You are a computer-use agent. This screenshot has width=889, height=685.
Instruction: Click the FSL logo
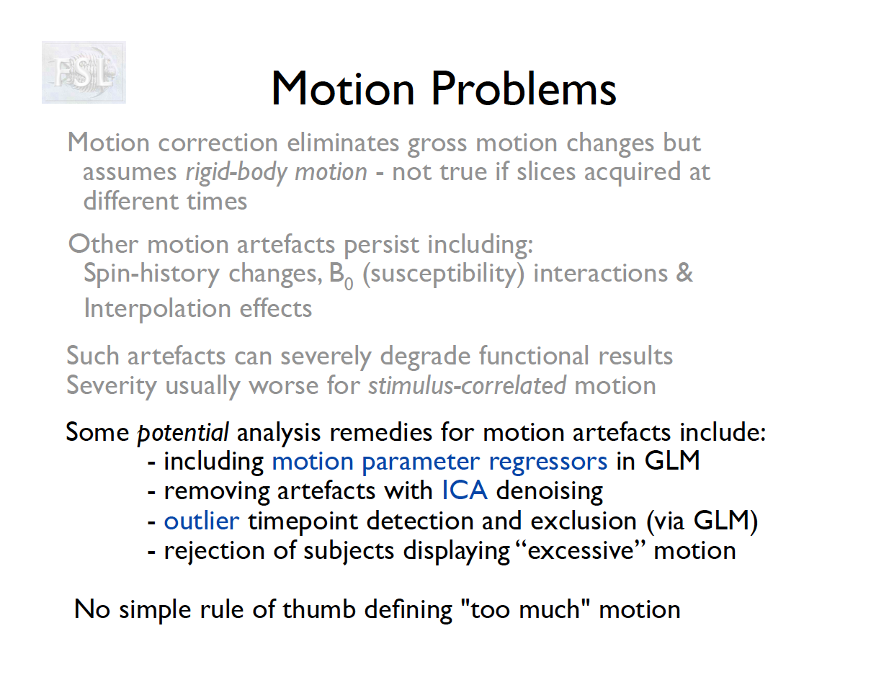pyautogui.click(x=84, y=72)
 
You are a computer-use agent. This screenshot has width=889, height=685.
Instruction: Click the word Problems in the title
pyautogui.click(x=524, y=89)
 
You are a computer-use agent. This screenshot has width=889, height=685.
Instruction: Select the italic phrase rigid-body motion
pyautogui.click(x=277, y=171)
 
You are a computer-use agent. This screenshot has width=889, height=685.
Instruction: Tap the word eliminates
pyautogui.click(x=343, y=143)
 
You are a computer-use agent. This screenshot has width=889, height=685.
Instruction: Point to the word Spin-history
pyautogui.click(x=152, y=273)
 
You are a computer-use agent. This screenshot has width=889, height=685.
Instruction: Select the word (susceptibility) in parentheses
pyautogui.click(x=444, y=274)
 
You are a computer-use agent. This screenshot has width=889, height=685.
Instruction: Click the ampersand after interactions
pyautogui.click(x=684, y=273)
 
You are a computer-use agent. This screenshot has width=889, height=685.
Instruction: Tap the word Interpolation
pyautogui.click(x=157, y=309)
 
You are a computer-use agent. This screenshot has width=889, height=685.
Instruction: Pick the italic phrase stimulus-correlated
pyautogui.click(x=468, y=385)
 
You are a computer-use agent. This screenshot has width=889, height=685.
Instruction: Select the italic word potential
pyautogui.click(x=183, y=433)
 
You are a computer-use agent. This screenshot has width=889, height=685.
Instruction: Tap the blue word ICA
pyautogui.click(x=465, y=491)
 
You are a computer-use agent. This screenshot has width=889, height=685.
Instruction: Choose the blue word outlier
pyautogui.click(x=202, y=521)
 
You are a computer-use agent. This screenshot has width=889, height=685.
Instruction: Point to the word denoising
pyautogui.click(x=550, y=491)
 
